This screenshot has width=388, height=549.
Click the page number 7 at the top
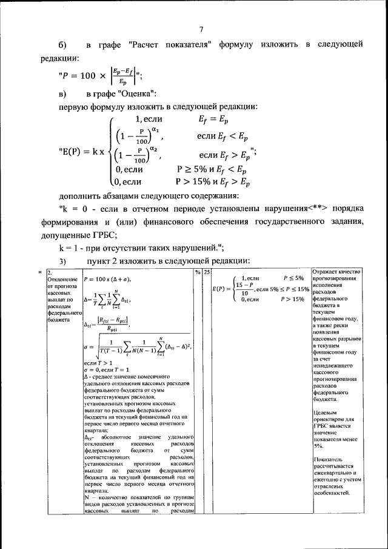point(201,30)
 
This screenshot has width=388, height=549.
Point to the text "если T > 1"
point(98,362)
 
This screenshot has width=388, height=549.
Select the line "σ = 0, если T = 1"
point(109,369)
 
